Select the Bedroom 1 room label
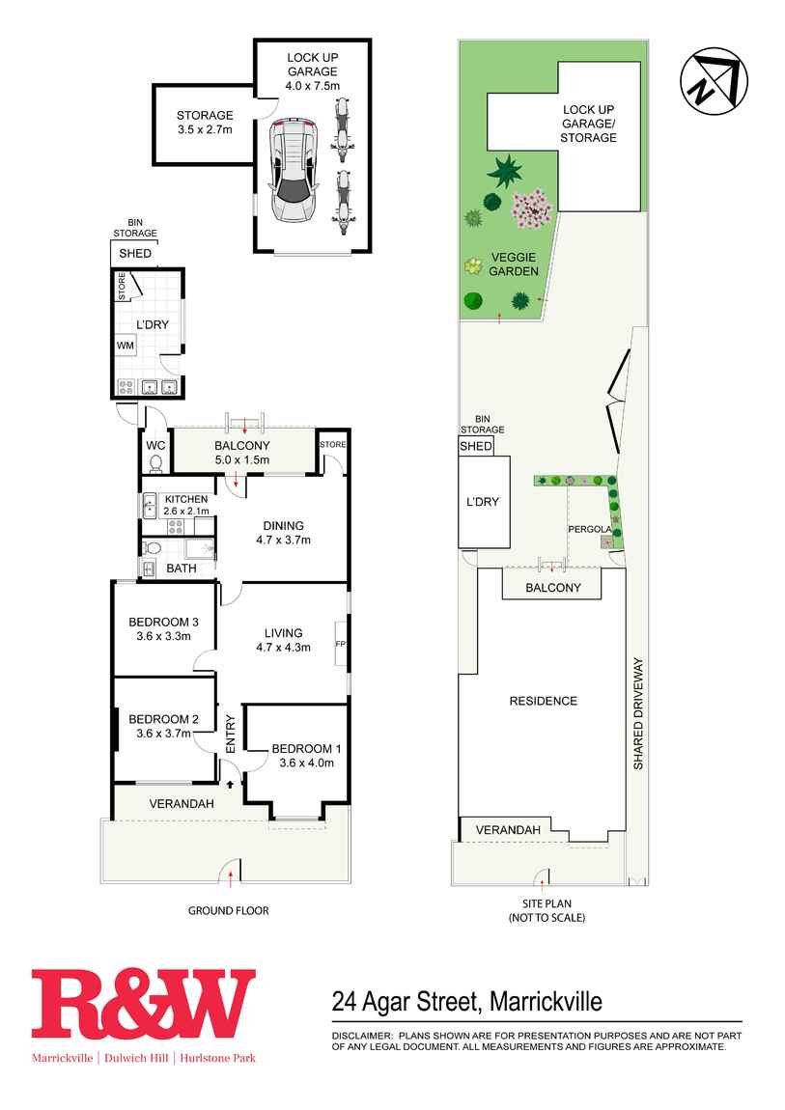point(306,749)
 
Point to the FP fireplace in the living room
point(340,643)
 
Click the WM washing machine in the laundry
point(126,345)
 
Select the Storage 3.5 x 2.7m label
point(204,123)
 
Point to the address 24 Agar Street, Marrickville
point(466,1001)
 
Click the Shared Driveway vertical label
point(637,713)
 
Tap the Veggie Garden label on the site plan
point(514,264)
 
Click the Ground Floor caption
point(228,910)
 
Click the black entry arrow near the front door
point(230,785)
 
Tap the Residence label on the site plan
point(543,701)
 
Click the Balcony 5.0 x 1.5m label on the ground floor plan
point(241,452)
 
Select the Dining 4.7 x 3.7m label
point(283,533)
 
